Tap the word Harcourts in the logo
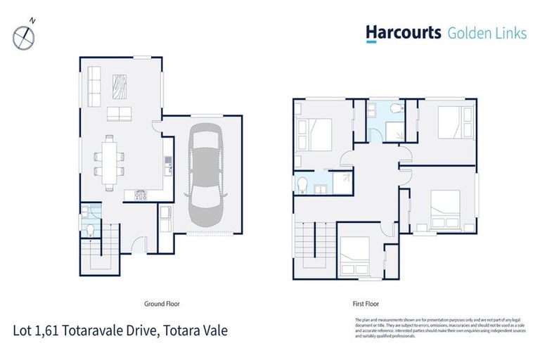[x=403, y=33]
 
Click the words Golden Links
[x=487, y=33]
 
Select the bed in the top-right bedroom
[x=454, y=123]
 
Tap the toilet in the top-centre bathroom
[x=397, y=109]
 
